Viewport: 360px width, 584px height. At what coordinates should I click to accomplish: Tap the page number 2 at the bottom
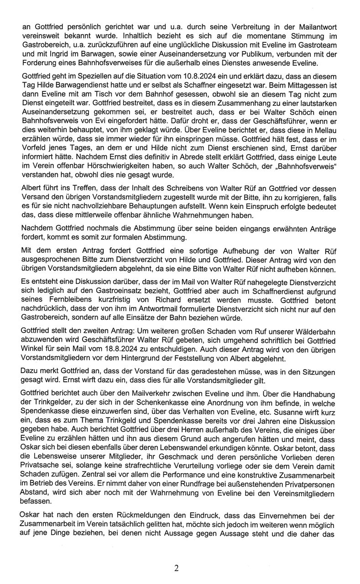click(x=176, y=568)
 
